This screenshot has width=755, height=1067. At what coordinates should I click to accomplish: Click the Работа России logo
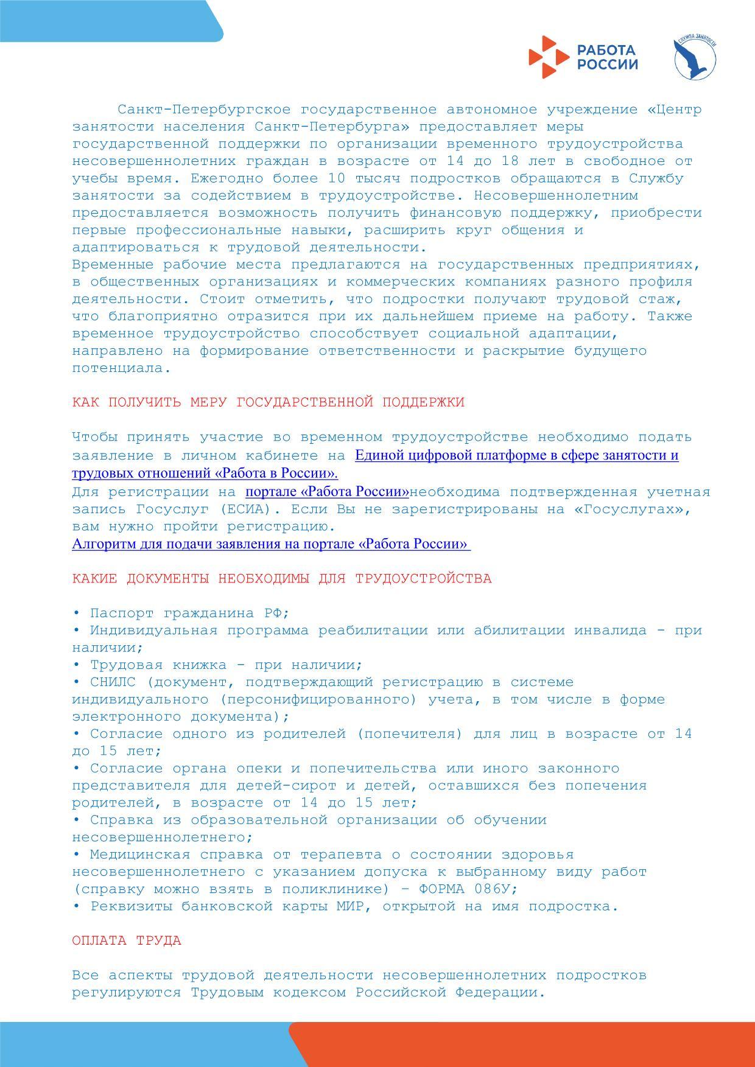click(x=583, y=57)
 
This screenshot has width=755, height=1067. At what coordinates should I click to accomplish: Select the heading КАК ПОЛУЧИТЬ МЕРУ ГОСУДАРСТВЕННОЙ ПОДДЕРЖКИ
click(x=268, y=402)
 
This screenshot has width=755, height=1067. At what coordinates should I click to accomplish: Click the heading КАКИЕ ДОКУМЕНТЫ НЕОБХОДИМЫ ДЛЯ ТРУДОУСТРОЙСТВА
click(x=281, y=578)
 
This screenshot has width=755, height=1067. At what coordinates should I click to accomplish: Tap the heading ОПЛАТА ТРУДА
click(x=127, y=940)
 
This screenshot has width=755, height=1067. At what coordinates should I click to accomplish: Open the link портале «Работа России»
click(x=327, y=492)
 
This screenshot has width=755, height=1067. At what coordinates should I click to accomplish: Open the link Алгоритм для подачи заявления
click(x=271, y=544)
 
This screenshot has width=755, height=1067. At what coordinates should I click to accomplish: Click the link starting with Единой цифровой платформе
click(x=516, y=455)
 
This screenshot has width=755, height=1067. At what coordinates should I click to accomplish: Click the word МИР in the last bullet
click(x=349, y=906)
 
